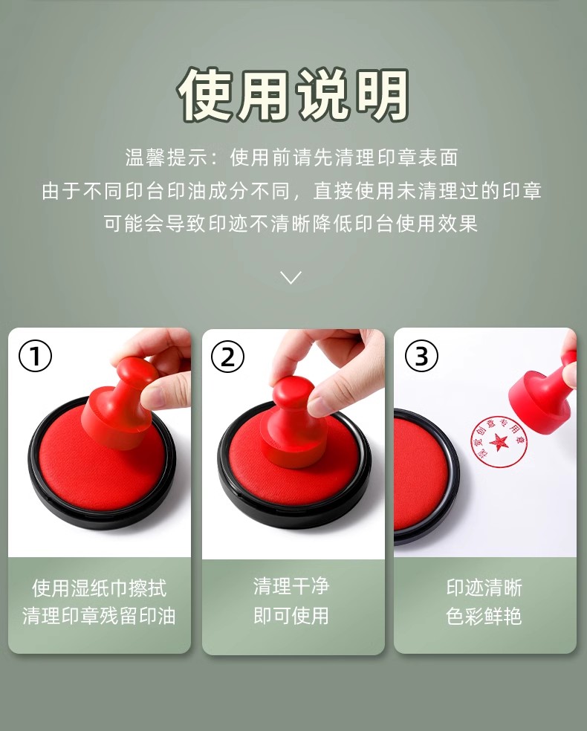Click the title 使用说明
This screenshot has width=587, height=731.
(x=293, y=94)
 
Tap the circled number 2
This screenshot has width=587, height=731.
(x=228, y=357)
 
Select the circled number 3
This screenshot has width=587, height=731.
(x=421, y=357)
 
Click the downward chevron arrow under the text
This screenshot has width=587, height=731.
(x=291, y=277)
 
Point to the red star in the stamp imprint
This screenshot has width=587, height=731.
(x=499, y=441)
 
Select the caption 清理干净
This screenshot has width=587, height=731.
(x=291, y=586)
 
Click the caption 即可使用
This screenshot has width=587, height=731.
(x=291, y=615)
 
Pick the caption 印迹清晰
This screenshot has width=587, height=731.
(x=484, y=588)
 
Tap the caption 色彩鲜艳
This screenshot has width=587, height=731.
(x=484, y=616)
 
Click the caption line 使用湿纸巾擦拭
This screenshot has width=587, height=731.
(x=99, y=588)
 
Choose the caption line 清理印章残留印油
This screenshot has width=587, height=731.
(x=99, y=616)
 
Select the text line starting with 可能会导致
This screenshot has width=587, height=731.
(x=291, y=224)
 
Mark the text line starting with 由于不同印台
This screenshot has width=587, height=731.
(x=292, y=191)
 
